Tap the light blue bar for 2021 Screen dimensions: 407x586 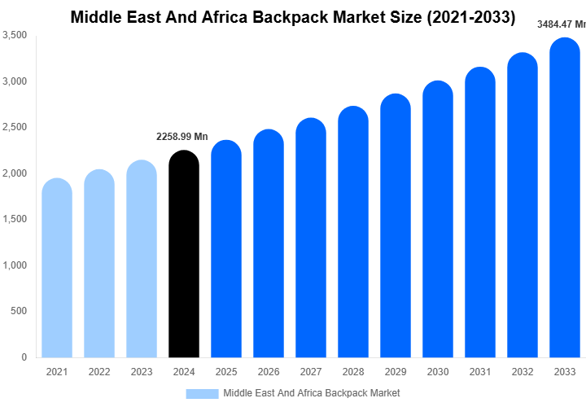tap(57, 268)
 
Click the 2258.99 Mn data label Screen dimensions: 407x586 tap(182, 136)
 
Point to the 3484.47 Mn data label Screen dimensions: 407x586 tap(561, 24)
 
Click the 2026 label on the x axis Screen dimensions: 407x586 tap(269, 372)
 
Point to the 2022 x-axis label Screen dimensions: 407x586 tap(99, 372)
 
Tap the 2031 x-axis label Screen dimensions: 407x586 tap(480, 372)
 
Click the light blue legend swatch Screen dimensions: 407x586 tap(202, 393)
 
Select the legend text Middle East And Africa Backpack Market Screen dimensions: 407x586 tap(312, 393)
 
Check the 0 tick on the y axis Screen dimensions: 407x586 tap(24, 357)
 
